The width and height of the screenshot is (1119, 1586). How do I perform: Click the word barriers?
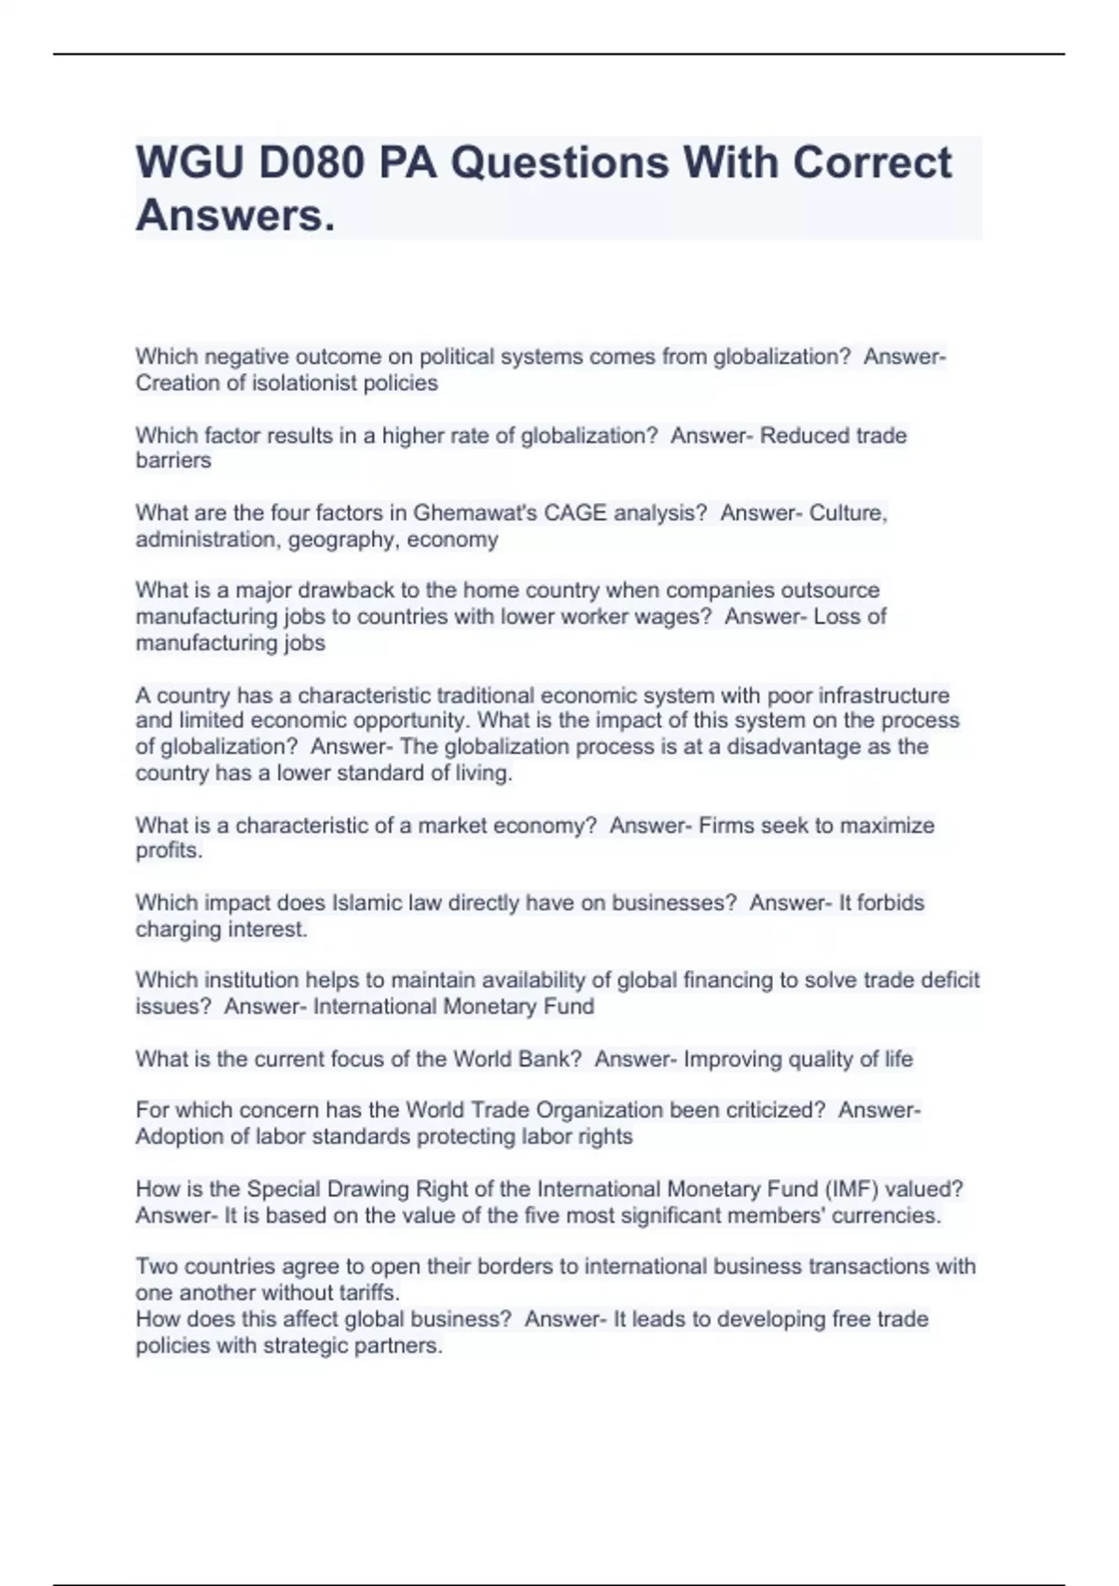pyautogui.click(x=173, y=461)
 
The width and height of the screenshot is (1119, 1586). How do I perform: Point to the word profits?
pyautogui.click(x=168, y=851)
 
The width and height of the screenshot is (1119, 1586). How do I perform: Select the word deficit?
pyautogui.click(x=949, y=981)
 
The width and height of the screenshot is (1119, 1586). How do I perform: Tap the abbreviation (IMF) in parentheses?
pyautogui.click(x=850, y=1189)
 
